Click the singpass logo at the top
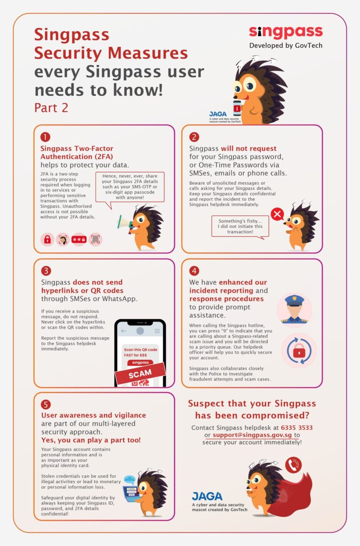(x=285, y=32)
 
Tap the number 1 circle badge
(x=45, y=137)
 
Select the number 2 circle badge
(x=194, y=137)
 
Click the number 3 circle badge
(x=45, y=271)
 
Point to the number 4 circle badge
(x=194, y=271)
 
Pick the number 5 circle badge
(x=45, y=404)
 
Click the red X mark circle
(x=277, y=215)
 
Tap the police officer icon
(x=294, y=310)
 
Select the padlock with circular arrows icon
(x=299, y=351)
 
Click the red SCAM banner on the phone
(x=140, y=373)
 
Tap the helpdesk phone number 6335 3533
(x=297, y=428)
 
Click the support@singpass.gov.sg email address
(x=252, y=435)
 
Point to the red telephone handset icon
(x=293, y=465)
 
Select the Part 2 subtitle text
(x=51, y=108)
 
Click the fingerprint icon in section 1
(x=96, y=240)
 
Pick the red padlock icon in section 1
(x=47, y=240)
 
